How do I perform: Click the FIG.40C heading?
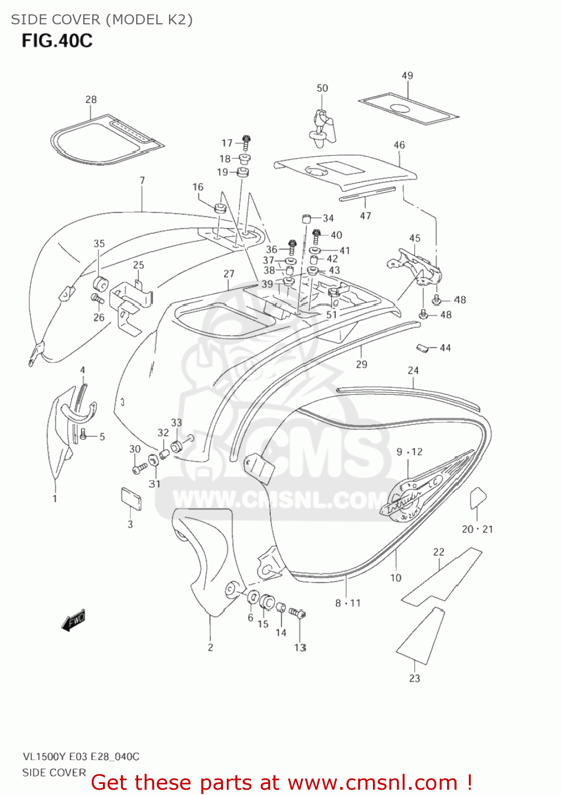click(x=57, y=41)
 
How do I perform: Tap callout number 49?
click(x=407, y=76)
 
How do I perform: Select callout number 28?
click(x=91, y=100)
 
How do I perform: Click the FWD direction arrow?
click(x=73, y=621)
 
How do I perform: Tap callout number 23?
click(x=414, y=678)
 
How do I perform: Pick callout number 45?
click(x=415, y=238)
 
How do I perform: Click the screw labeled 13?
click(x=297, y=614)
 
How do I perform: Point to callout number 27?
click(x=228, y=274)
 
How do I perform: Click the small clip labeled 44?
click(x=422, y=348)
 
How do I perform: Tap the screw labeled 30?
click(x=140, y=468)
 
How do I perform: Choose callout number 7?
click(x=142, y=181)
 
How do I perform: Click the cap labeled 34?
click(x=306, y=218)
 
